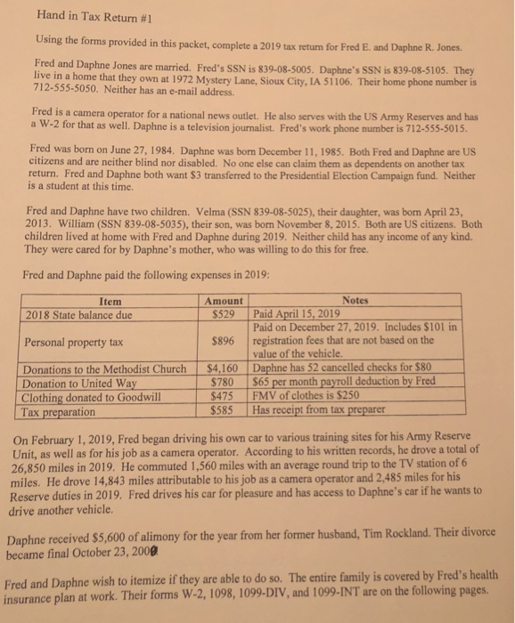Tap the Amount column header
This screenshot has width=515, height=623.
coord(222,302)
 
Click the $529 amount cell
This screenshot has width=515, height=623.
coord(230,314)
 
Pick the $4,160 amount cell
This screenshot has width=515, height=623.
coord(224,367)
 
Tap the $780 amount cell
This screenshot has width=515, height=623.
coord(230,380)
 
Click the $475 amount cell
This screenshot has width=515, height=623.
coord(230,394)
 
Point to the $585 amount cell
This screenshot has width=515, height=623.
coord(230,409)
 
